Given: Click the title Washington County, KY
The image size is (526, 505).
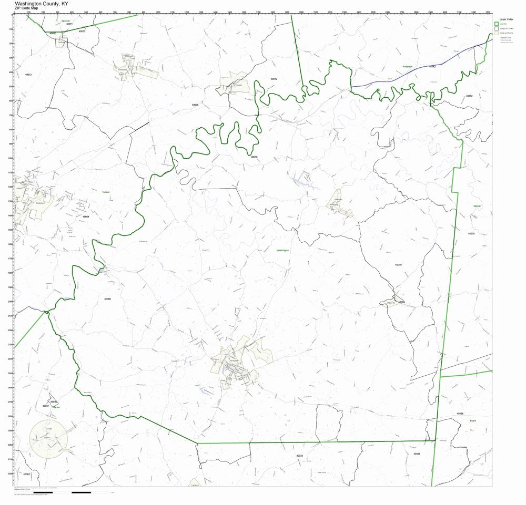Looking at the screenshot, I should tap(41, 3).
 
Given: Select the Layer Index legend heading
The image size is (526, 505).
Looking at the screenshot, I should tap(506, 19).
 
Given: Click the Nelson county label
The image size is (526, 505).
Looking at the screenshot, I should tap(106, 192).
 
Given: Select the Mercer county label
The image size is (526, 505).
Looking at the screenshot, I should tap(477, 206).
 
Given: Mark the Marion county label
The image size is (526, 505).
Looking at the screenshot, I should tap(56, 407).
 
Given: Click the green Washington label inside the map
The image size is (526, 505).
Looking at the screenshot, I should tap(283, 250).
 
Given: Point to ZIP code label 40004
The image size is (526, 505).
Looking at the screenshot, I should tap(86, 216).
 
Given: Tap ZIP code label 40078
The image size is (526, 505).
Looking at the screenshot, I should tap(254, 157).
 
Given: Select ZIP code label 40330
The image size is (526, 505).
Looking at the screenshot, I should tap(471, 233).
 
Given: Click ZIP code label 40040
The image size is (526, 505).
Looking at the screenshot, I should tap(398, 265).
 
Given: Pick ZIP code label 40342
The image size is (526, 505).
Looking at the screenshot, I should tap(432, 67).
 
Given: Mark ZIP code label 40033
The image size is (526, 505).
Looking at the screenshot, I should tap(299, 456).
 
